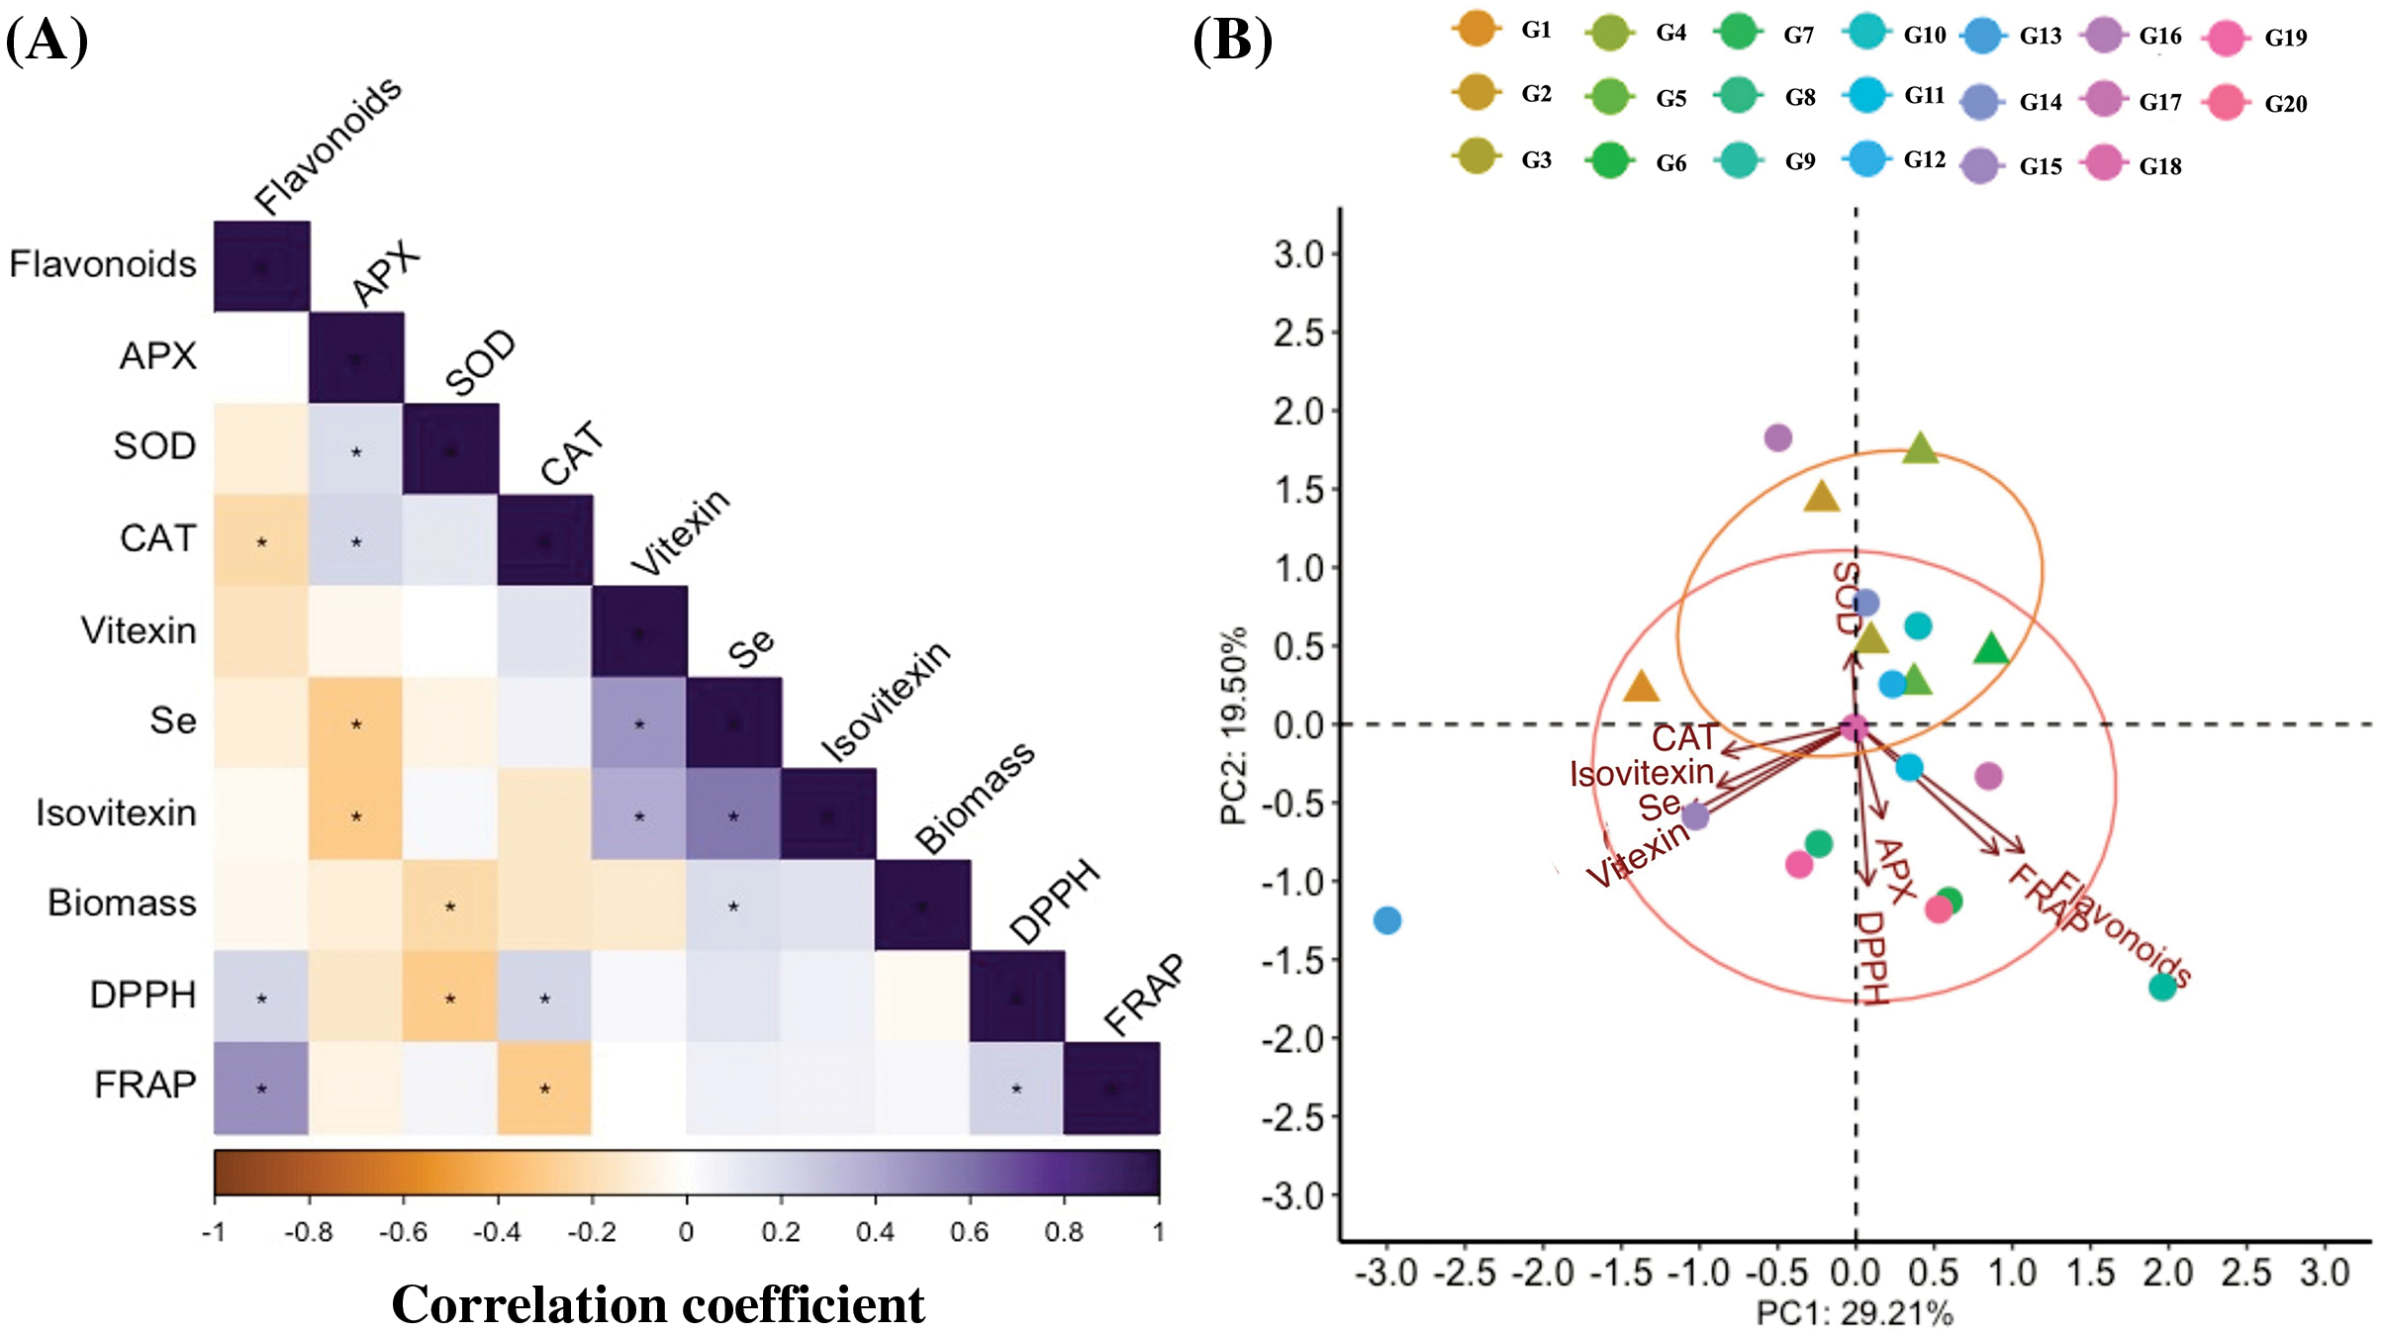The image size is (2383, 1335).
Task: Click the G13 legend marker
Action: [1982, 36]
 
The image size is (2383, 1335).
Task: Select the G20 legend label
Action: [2285, 104]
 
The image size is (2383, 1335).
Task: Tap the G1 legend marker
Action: [1477, 29]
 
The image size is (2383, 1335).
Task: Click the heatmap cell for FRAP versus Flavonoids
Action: [261, 1088]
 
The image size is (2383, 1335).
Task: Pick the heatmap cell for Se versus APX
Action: [356, 723]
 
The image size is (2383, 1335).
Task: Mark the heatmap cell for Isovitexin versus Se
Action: [733, 815]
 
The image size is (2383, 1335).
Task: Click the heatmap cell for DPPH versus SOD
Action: [450, 997]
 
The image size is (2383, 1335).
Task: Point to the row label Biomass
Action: [122, 904]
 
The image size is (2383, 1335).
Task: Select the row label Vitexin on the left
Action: [139, 630]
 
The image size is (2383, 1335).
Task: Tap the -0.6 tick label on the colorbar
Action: [403, 1232]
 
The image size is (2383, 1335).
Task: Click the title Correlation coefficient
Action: [658, 1304]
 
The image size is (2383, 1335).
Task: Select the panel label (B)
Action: [1232, 42]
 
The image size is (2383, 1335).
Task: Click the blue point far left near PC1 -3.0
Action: [1387, 920]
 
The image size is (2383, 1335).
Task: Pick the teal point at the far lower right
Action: [2162, 987]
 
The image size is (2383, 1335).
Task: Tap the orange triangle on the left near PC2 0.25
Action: [1641, 687]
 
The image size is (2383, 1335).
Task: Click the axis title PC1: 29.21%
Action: [1854, 1314]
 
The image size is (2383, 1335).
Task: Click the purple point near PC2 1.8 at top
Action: [1777, 437]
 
